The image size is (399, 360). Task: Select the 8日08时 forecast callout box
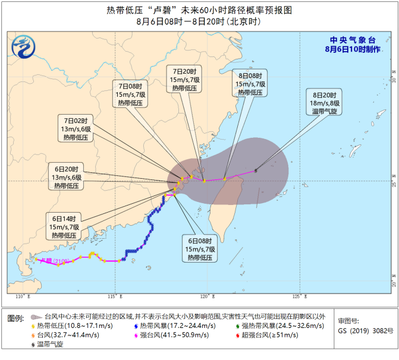(x=249, y=83)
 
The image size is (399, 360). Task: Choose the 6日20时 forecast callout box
(x=67, y=177)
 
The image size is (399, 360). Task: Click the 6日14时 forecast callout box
(x=64, y=226)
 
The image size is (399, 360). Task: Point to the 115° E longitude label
(x=115, y=296)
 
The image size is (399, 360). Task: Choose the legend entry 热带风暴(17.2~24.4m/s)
(x=172, y=326)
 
